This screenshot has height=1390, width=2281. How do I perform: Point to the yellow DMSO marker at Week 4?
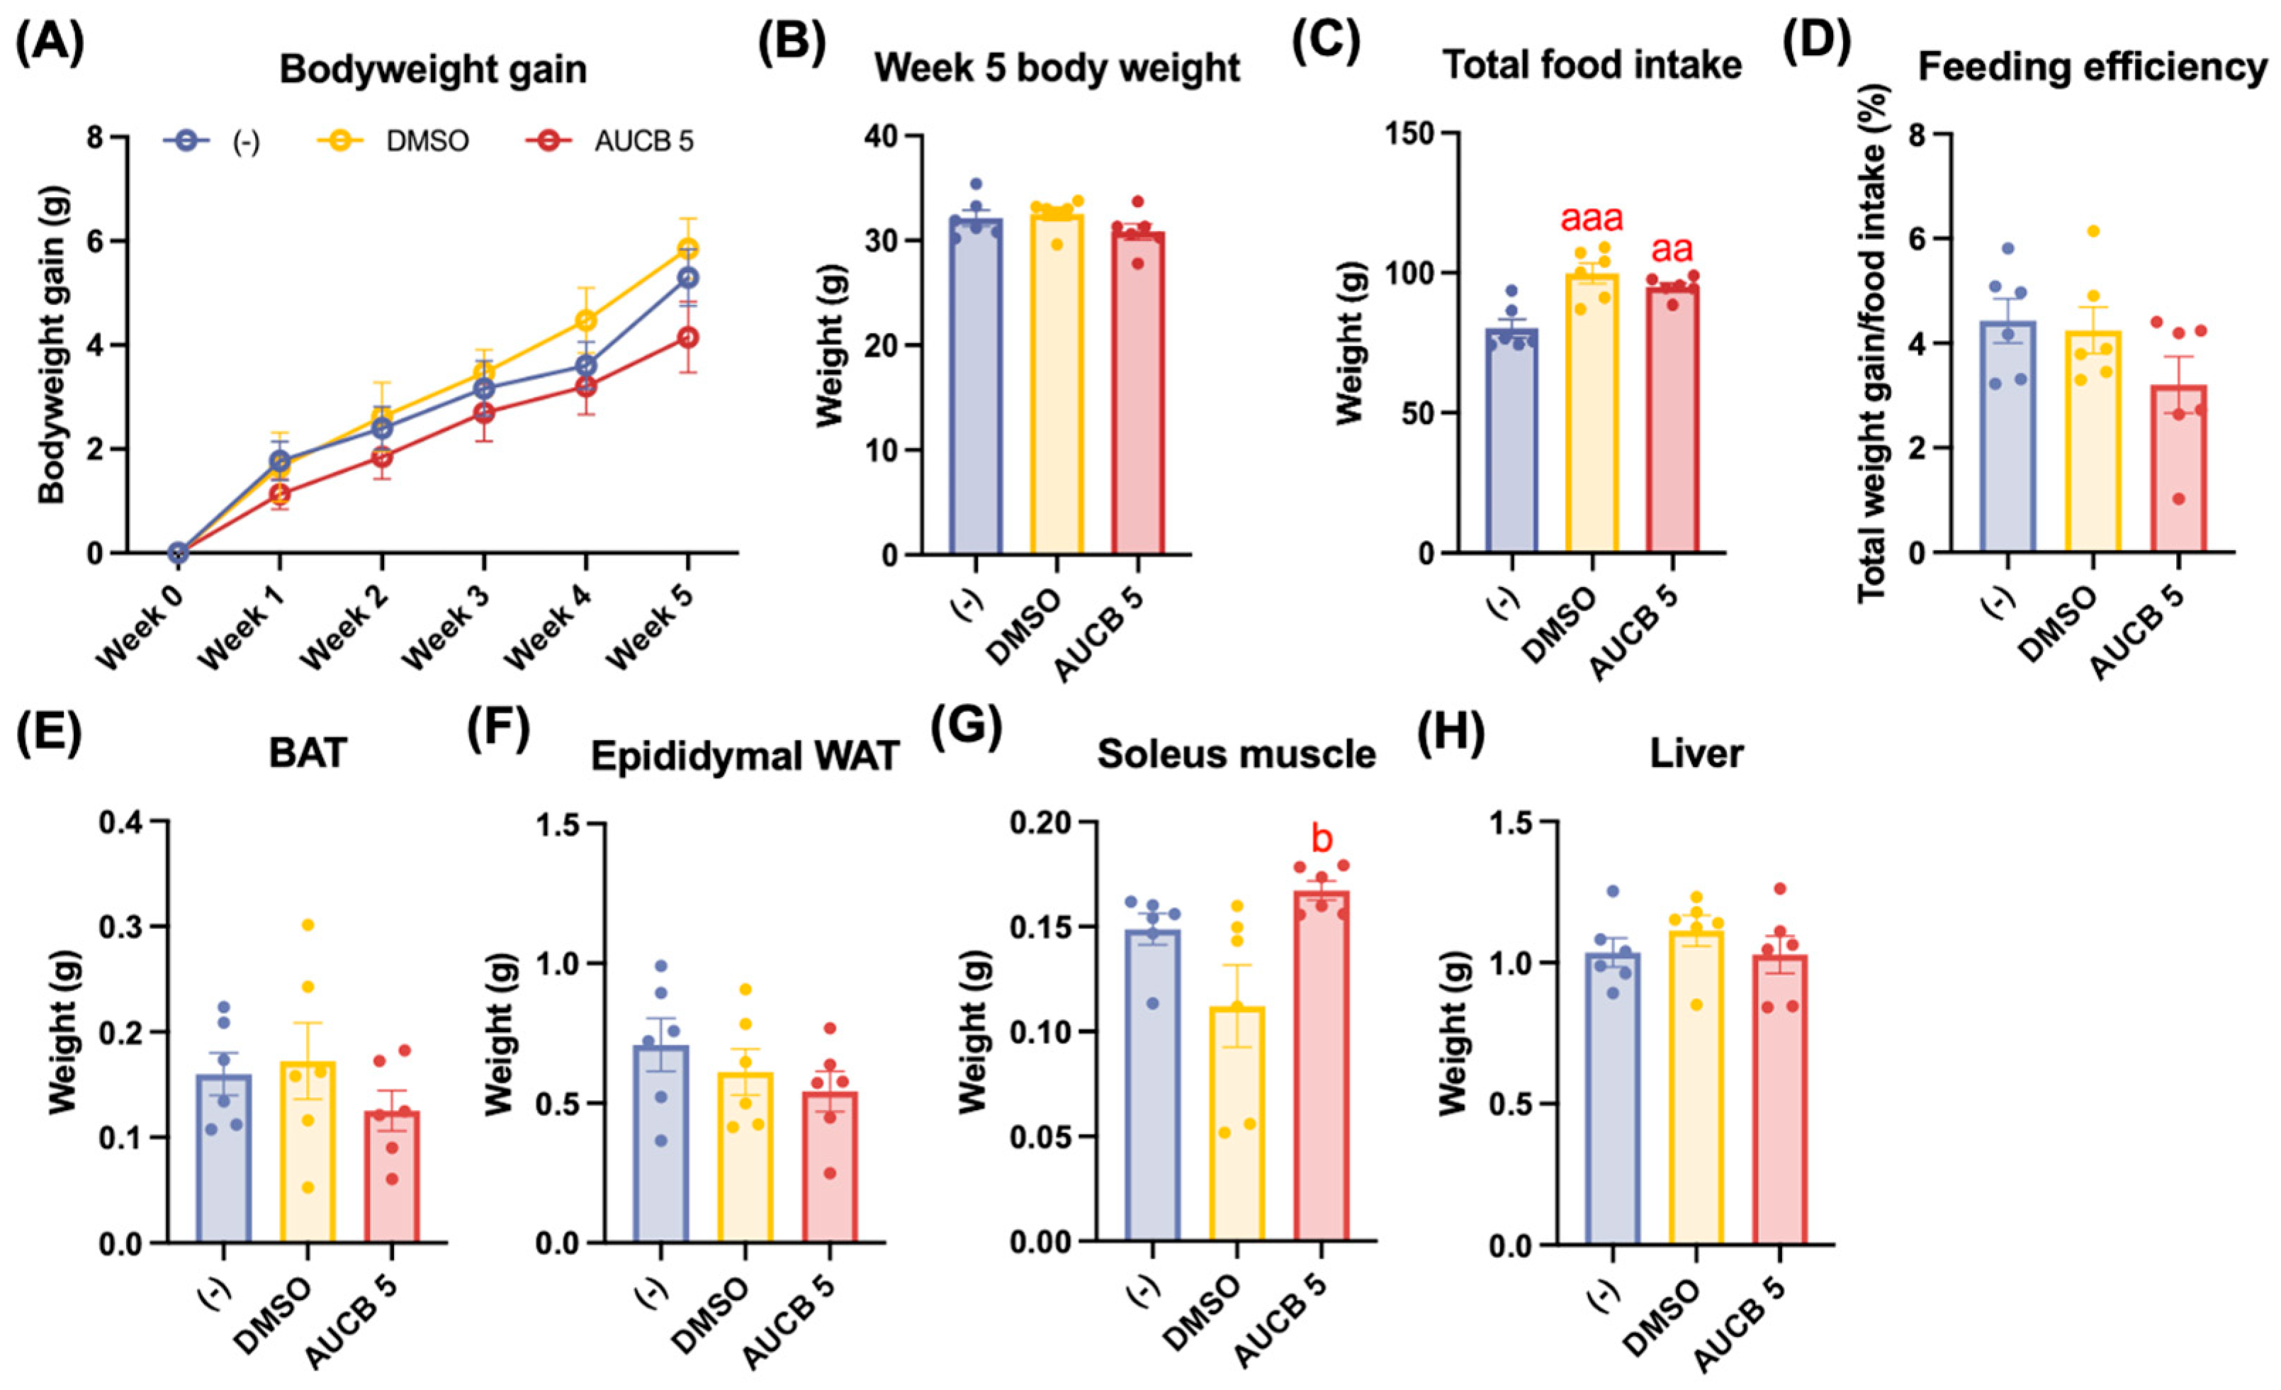[x=585, y=320]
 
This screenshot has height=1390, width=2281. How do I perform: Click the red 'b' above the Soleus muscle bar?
[x=1322, y=839]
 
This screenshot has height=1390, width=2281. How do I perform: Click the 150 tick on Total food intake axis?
[x=1411, y=133]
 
